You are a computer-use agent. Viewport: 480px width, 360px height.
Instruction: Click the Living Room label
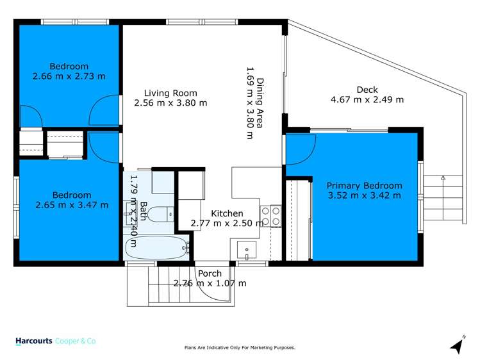(170, 92)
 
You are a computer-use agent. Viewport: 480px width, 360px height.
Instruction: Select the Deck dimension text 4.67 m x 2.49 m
(367, 99)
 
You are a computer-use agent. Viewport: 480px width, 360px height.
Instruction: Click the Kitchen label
(227, 213)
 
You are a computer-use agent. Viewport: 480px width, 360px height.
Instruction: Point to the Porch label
(210, 274)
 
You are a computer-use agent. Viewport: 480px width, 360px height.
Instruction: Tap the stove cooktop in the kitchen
(271, 215)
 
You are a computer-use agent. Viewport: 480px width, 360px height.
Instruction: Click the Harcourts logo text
(33, 342)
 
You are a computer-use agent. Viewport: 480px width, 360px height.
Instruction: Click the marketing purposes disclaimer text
(240, 348)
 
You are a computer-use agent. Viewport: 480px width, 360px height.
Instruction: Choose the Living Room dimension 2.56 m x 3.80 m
(170, 102)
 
